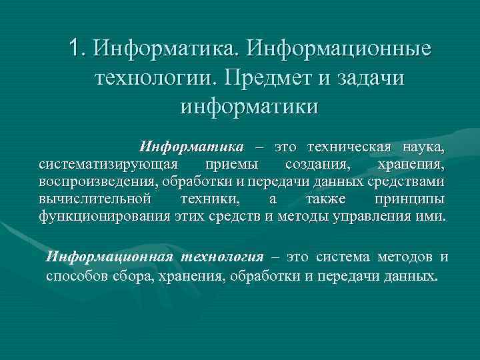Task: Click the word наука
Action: pos(423,146)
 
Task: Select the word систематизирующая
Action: pos(109,164)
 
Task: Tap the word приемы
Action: pos(230,164)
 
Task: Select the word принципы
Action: pos(408,199)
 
